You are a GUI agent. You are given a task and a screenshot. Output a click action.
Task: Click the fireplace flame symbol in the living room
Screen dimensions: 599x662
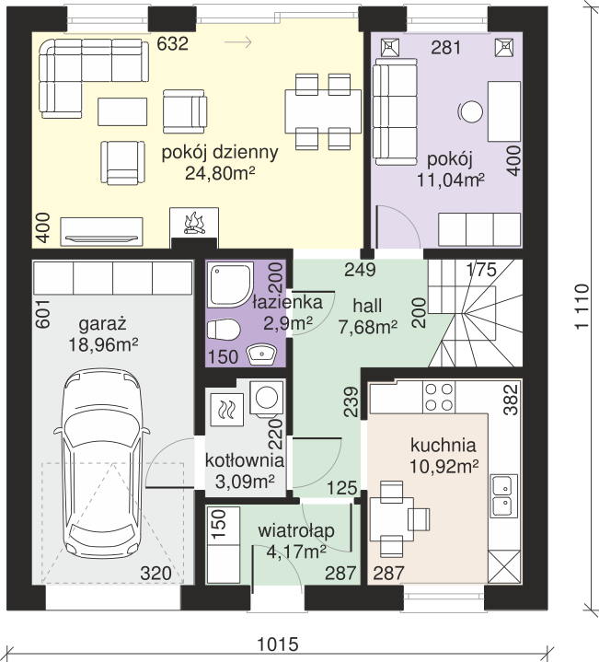pyautogui.click(x=194, y=223)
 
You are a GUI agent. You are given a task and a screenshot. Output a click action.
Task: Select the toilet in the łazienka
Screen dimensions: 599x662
pyautogui.click(x=224, y=330)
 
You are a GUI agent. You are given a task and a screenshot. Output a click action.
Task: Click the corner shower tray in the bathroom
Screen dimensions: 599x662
pyautogui.click(x=231, y=285)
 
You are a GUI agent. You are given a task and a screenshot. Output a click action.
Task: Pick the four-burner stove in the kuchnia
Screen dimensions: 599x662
pyautogui.click(x=439, y=397)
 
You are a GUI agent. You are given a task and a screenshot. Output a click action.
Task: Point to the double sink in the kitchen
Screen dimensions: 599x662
pyautogui.click(x=504, y=495)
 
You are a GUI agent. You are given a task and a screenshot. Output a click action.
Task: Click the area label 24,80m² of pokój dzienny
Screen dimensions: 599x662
pyautogui.click(x=220, y=173)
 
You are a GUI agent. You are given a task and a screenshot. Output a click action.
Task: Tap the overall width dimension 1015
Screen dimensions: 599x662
pyautogui.click(x=278, y=645)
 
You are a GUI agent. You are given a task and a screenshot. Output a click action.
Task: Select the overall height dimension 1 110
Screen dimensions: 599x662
pyautogui.click(x=582, y=306)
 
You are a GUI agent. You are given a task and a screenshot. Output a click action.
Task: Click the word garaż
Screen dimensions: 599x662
pyautogui.click(x=102, y=324)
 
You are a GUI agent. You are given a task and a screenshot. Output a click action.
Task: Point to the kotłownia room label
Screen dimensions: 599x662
pyautogui.click(x=244, y=459)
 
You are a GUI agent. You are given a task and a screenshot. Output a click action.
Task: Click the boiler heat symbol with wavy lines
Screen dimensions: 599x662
pyautogui.click(x=227, y=410)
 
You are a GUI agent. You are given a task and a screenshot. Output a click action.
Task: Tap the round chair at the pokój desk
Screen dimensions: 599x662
pyautogui.click(x=470, y=112)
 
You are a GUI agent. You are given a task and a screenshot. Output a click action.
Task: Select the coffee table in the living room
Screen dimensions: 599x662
pyautogui.click(x=122, y=112)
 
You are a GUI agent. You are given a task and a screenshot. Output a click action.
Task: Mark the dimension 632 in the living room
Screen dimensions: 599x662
pyautogui.click(x=172, y=43)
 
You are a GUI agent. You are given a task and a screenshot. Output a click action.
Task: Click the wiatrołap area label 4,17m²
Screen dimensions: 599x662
pyautogui.click(x=296, y=551)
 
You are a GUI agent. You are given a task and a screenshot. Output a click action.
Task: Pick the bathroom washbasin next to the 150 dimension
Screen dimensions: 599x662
pyautogui.click(x=262, y=354)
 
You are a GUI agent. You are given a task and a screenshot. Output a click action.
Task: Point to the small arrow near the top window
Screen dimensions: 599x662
pyautogui.click(x=238, y=42)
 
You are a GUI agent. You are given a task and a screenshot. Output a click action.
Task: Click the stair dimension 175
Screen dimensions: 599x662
pyautogui.click(x=481, y=270)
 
